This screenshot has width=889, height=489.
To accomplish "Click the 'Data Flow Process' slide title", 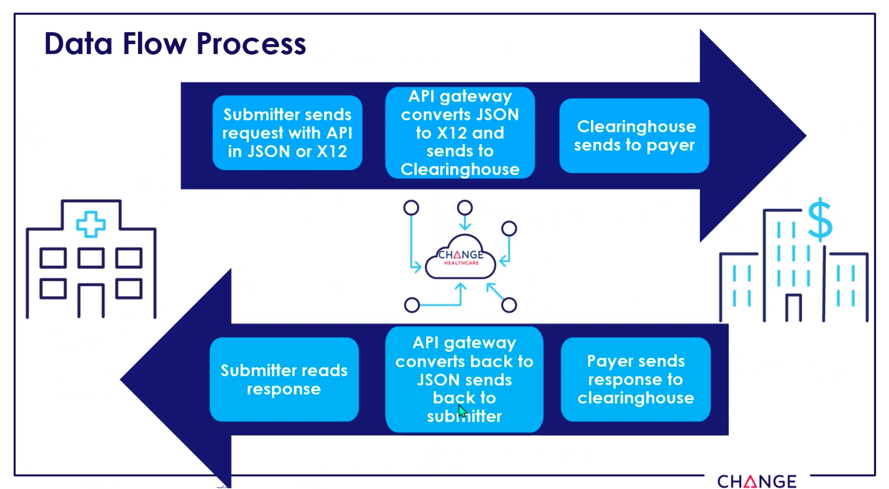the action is point(175,44).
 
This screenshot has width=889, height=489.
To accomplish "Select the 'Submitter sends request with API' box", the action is point(288,133).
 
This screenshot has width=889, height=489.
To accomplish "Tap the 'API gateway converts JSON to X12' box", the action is point(460,133).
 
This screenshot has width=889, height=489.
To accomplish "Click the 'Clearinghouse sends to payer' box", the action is point(634,135).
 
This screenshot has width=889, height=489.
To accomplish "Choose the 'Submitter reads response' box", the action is point(284,379).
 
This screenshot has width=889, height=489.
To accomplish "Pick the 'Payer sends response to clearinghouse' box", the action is point(636,379).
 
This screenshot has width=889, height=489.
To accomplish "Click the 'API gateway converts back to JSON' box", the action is point(464,379).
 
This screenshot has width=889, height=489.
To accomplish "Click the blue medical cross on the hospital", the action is point(91,224).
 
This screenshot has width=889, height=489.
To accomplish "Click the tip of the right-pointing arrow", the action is point(806,135).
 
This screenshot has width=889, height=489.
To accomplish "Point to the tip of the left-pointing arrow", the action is point(120,379).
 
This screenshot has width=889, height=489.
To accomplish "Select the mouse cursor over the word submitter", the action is point(463,411).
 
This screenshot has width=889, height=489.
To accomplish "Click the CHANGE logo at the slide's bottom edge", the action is point(757,481).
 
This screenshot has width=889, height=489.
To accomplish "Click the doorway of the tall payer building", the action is point(793,308).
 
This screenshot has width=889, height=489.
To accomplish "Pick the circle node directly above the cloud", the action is point(465,208).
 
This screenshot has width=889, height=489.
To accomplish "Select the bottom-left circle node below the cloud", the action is point(412,305).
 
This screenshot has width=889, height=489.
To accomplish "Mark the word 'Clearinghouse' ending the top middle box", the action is point(460,170).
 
